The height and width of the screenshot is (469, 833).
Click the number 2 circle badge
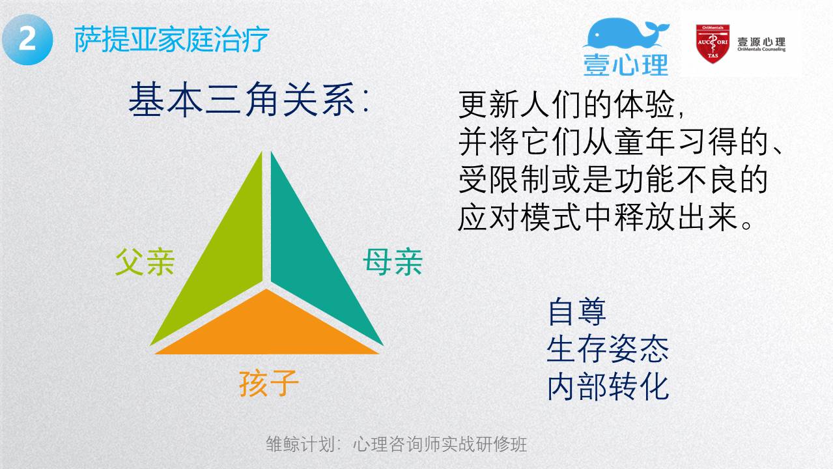click(27, 40)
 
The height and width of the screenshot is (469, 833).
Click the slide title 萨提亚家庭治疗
click(171, 40)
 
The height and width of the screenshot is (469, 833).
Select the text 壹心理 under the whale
click(626, 64)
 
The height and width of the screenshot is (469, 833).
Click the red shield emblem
click(713, 44)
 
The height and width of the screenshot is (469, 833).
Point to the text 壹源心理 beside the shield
click(761, 42)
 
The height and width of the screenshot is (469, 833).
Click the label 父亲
click(145, 263)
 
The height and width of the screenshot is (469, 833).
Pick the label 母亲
click(393, 263)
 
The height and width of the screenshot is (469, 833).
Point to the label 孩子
click(269, 384)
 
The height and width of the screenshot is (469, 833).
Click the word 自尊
click(577, 311)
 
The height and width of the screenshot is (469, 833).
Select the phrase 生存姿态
click(608, 349)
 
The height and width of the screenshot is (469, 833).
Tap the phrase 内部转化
click(608, 387)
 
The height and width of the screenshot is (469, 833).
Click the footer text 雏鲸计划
click(300, 444)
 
